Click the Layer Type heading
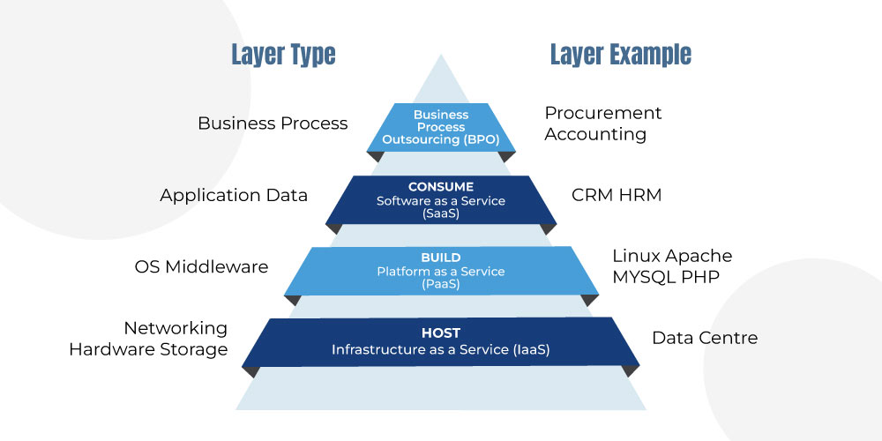coord(283,55)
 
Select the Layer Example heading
coord(620,55)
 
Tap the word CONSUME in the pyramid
coord(441,187)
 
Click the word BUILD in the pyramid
coord(441,258)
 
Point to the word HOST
coord(441,333)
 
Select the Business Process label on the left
coord(273,123)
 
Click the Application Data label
coord(234,195)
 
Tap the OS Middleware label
coord(201,266)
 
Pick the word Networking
coord(176,328)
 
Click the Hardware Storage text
coord(148,349)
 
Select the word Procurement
coord(603,113)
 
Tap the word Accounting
coord(595,134)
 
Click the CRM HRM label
coord(617,195)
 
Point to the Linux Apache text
coord(672,256)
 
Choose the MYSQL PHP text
coord(666,277)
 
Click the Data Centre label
coord(705,338)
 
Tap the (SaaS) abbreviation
coord(441,213)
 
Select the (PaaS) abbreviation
coord(441,285)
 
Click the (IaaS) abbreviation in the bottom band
coord(532,350)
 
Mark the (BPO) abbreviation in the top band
coord(482,139)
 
